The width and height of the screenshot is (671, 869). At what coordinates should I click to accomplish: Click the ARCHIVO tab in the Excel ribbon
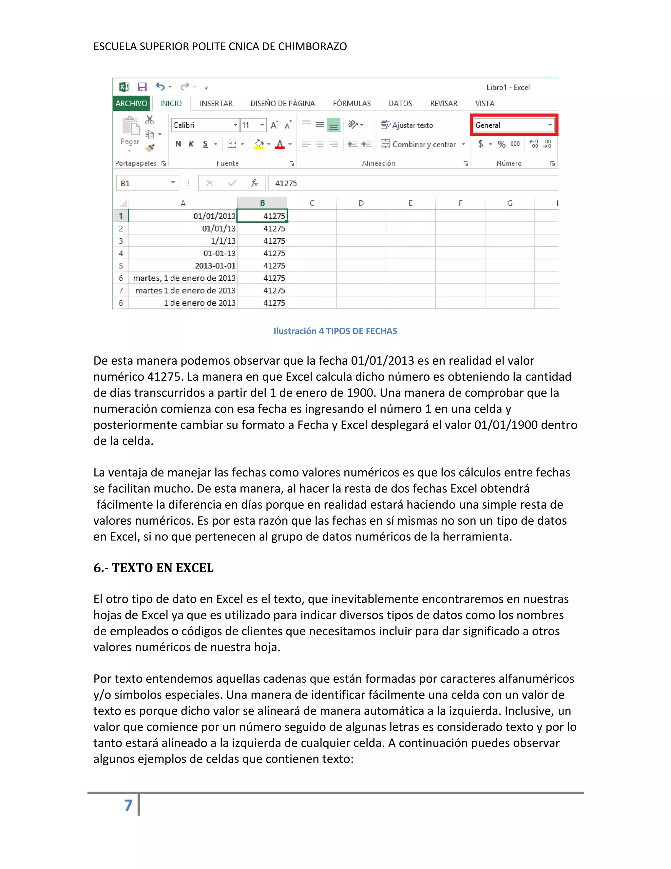coord(131,103)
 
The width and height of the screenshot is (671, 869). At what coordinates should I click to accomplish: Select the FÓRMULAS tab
coord(352,103)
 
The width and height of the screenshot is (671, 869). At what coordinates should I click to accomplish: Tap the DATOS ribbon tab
coord(400,103)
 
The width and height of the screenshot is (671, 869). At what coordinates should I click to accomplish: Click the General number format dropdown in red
coord(514,125)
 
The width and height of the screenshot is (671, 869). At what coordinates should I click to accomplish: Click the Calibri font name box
coord(203,125)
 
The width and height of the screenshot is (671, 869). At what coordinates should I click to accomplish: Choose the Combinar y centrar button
coord(423,144)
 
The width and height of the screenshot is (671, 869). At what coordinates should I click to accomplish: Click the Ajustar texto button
coord(407,125)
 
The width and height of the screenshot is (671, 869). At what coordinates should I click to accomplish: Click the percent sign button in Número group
coord(502,144)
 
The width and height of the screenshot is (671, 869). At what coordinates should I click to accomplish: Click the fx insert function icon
coord(254,183)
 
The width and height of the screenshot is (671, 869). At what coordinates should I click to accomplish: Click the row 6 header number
coord(121,278)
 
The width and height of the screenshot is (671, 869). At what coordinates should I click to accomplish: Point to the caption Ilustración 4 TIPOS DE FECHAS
coord(335,331)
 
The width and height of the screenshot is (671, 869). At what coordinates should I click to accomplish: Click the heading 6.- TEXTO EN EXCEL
coord(153,568)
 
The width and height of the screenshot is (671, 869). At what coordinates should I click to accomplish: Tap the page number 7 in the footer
coord(128,805)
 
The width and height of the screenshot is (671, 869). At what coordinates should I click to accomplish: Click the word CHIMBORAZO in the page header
coord(312,47)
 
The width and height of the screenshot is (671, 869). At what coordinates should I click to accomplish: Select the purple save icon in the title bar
coord(142,87)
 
